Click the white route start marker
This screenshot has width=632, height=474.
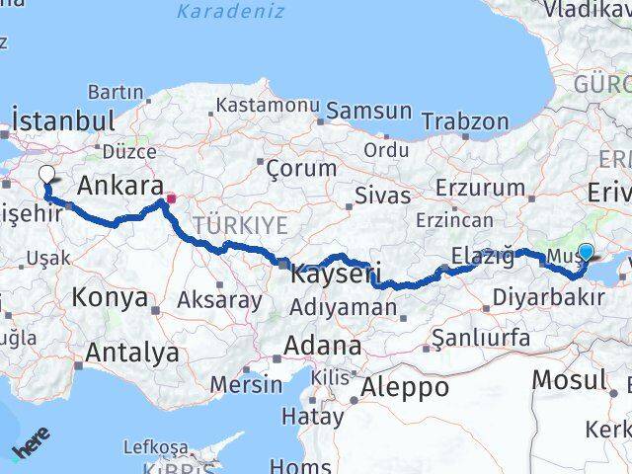point(46,176)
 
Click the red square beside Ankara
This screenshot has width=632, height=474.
point(171,197)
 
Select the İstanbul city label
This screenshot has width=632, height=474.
point(63,122)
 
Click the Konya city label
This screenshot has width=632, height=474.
point(110,297)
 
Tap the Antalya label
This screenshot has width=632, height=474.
point(132,353)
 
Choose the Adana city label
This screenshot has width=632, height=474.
point(322,346)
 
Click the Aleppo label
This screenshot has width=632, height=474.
point(405,387)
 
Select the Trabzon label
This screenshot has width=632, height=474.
point(464,121)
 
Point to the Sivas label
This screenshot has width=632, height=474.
point(382,195)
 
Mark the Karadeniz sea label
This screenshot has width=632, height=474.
point(231,12)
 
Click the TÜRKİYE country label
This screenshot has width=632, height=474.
point(240,226)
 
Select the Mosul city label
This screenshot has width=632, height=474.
point(569,379)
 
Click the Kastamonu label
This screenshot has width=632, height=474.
point(267,105)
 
